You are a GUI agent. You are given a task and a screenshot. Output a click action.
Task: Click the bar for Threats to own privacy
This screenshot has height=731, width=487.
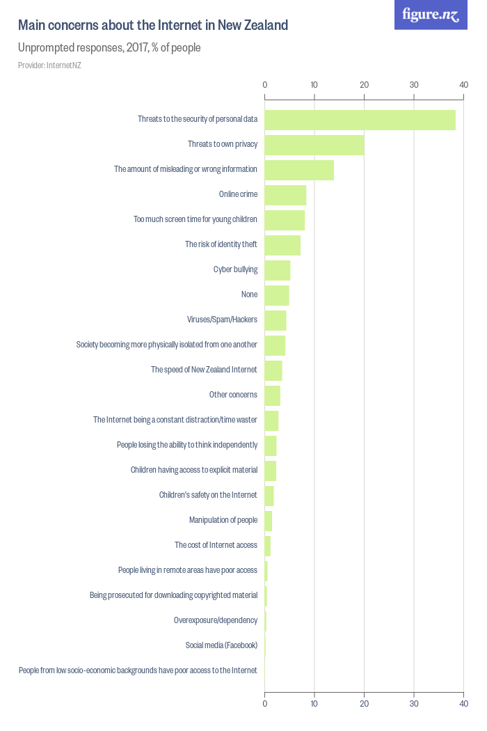tap(314, 145)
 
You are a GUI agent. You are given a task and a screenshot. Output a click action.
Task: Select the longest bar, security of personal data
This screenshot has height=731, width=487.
tap(360, 120)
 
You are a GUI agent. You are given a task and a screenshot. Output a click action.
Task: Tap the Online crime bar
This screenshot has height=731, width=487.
tap(285, 195)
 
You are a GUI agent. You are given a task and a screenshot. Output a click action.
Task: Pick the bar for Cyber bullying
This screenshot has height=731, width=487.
tap(277, 270)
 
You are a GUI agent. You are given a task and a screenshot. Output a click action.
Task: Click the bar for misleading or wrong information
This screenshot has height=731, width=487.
tap(299, 170)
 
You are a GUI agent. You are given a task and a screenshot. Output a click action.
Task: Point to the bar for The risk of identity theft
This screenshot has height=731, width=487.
tap(282, 245)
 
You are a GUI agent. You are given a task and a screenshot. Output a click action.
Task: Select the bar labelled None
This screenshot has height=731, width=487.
tap(276, 295)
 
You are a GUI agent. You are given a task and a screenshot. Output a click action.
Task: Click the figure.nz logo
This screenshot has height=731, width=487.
tap(431, 15)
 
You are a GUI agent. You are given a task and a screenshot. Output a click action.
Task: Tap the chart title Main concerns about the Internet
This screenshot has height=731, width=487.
tap(153, 26)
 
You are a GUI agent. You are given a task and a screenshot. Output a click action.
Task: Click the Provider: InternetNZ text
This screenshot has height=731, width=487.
tap(49, 65)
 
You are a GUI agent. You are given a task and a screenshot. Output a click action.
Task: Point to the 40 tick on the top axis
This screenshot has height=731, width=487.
tap(463, 85)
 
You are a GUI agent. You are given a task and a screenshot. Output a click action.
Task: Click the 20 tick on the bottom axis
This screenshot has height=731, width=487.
tap(364, 704)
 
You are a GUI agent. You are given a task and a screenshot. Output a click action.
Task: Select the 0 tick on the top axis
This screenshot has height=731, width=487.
tap(264, 85)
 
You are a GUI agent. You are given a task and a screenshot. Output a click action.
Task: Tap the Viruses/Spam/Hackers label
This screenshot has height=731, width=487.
tap(222, 320)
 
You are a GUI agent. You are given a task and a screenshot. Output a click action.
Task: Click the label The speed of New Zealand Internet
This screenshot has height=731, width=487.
tap(204, 370)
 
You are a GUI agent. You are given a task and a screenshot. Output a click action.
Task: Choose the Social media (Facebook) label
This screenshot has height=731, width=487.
tap(221, 645)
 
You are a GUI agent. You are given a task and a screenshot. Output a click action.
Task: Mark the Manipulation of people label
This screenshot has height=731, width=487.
tap(223, 520)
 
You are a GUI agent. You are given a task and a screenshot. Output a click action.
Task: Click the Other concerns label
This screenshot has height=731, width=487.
tap(233, 395)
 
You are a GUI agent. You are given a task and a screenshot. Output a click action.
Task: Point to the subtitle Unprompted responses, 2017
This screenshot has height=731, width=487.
tap(109, 48)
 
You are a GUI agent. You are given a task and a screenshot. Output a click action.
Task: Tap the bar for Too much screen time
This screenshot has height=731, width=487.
tap(285, 220)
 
